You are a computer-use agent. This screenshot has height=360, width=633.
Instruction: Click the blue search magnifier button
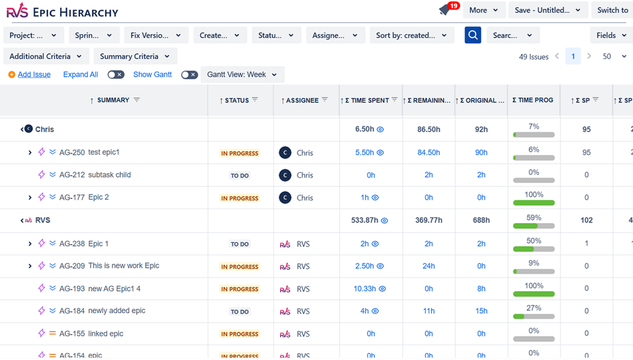coord(473,35)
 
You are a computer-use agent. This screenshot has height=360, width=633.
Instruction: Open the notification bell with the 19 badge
coord(445,10)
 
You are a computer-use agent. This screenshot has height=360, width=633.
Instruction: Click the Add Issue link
coord(34,74)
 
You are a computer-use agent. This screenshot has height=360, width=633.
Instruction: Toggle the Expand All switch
coord(115,74)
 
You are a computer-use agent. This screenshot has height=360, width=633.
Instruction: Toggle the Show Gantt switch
coord(189,74)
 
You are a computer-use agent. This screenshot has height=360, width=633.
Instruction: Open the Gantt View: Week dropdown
coord(242,75)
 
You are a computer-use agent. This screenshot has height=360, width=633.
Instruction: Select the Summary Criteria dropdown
coord(135,56)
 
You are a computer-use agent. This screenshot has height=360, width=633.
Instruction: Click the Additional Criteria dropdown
coord(46,56)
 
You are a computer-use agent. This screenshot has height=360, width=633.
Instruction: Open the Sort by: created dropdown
coord(411,35)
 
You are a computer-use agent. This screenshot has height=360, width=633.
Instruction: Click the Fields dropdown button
coord(611,35)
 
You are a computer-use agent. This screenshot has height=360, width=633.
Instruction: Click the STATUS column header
coord(237,100)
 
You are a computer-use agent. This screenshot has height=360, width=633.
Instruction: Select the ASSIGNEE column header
coord(302,100)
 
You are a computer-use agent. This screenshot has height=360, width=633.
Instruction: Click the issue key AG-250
coord(72,152)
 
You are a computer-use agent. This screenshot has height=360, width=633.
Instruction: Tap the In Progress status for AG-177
coord(240,198)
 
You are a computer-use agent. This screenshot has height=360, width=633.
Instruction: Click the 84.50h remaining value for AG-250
coord(428,153)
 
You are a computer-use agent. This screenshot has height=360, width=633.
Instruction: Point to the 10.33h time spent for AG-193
coord(365,289)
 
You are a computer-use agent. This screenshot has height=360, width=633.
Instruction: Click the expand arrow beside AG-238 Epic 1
coord(30,244)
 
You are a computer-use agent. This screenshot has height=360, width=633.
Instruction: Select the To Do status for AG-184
coord(240,312)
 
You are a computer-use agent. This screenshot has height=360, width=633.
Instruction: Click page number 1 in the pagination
coord(573,56)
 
